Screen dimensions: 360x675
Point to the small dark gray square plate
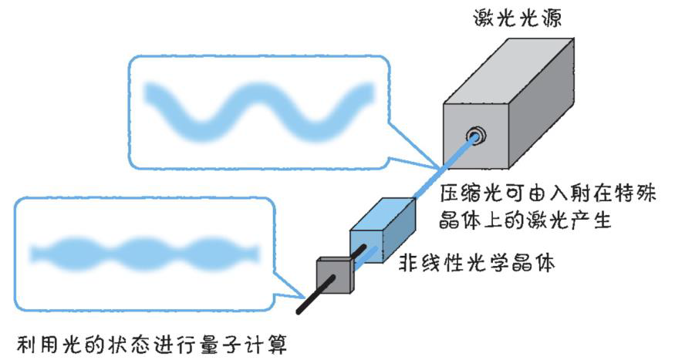pyautogui.click(x=332, y=274)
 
